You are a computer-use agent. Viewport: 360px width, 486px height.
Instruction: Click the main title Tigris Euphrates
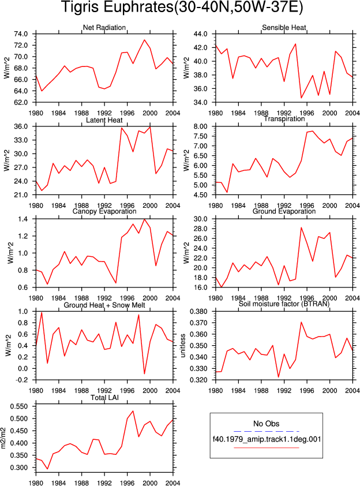click(x=182, y=8)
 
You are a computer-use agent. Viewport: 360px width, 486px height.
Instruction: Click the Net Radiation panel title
click(x=104, y=28)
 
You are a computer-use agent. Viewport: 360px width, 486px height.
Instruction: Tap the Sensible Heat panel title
click(x=284, y=28)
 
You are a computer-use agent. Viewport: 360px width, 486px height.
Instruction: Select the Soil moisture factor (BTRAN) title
click(x=284, y=304)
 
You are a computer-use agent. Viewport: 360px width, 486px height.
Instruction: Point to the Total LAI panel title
click(x=104, y=398)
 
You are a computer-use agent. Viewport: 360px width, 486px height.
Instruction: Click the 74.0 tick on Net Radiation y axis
click(x=21, y=34)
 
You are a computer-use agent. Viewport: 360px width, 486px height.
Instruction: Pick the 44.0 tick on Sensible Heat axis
click(x=200, y=34)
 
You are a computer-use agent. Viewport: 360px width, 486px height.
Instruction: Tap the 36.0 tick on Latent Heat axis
click(x=21, y=126)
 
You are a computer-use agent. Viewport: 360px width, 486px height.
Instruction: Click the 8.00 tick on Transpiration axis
click(x=200, y=126)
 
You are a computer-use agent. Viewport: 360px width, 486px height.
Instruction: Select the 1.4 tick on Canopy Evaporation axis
click(x=23, y=219)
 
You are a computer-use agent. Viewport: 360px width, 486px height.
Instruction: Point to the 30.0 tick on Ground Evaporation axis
click(x=200, y=219)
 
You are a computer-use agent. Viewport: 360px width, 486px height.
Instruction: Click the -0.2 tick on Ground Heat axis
click(x=22, y=380)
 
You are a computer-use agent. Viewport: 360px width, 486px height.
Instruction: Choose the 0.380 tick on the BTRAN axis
click(x=198, y=312)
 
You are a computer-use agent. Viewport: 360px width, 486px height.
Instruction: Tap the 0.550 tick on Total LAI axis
click(x=19, y=406)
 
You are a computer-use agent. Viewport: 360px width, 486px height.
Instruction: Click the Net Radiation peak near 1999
click(x=144, y=40)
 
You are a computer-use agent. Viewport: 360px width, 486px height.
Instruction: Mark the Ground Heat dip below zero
click(x=144, y=373)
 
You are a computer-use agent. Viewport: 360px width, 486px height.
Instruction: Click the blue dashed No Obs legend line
click(x=267, y=431)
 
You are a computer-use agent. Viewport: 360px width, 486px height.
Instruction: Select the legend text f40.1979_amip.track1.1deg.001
click(x=267, y=439)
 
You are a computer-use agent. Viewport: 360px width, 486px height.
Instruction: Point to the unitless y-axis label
click(x=183, y=346)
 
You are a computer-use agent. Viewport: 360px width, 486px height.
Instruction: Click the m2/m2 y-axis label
click(x=3, y=438)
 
